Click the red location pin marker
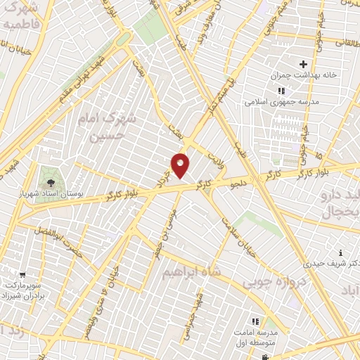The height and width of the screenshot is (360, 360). point(181,165)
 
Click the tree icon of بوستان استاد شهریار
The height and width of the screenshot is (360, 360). point(49,174)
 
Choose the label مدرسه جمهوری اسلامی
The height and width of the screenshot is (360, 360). point(281,101)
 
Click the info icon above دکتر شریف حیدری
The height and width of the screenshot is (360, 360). point(340,253)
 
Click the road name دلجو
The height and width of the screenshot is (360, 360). point(242,182)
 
